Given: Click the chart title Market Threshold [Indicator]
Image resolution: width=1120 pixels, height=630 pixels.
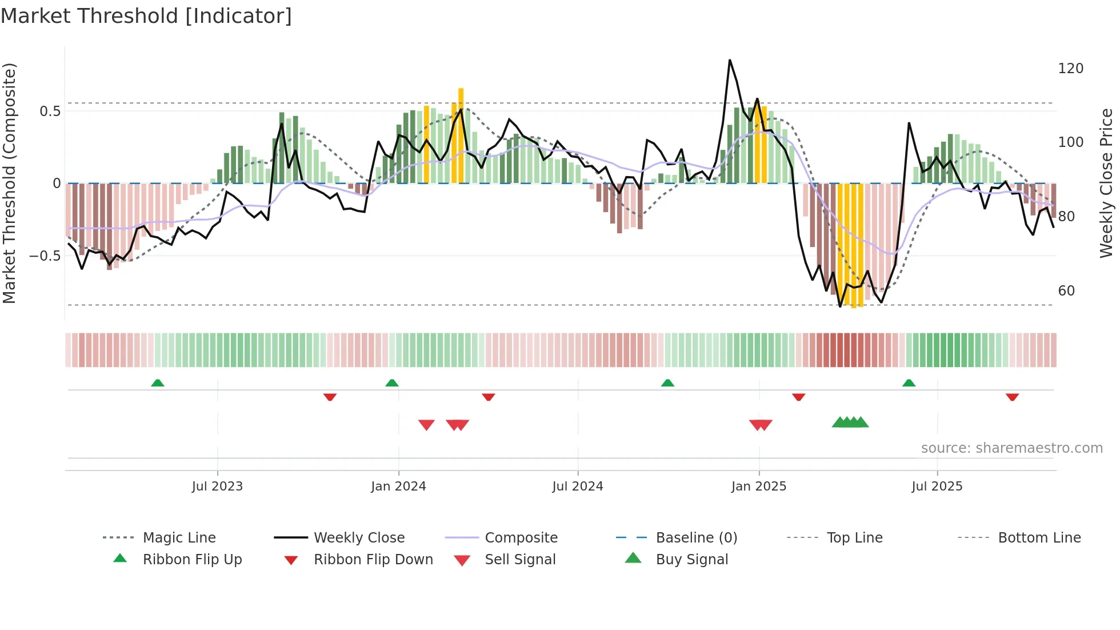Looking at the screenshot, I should [x=146, y=16].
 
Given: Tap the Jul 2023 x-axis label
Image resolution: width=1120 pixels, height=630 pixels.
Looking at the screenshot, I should [x=217, y=487].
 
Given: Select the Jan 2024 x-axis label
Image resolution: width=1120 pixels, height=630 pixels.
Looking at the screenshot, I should [x=398, y=487].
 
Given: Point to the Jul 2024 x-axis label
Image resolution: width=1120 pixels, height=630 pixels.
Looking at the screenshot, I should [x=577, y=487].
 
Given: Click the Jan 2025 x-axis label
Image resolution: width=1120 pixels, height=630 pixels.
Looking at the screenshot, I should [x=758, y=487].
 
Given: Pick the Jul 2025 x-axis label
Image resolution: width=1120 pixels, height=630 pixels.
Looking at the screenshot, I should [x=937, y=487].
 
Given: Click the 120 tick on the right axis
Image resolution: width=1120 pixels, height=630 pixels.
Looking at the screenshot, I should [x=1070, y=69].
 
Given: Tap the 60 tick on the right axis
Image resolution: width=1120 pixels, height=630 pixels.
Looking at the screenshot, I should [x=1066, y=291].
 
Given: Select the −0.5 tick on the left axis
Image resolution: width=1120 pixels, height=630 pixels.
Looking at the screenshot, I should [x=45, y=256].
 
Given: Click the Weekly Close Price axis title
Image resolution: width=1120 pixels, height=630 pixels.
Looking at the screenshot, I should [x=1106, y=183].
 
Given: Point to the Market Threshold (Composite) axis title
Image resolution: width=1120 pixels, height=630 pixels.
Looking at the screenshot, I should [x=9, y=183].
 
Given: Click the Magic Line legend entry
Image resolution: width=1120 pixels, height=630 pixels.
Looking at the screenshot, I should [x=179, y=538].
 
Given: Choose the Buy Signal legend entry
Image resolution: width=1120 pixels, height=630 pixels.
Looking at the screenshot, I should [x=691, y=560].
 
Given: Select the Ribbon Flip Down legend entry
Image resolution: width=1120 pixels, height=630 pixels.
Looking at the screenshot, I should [x=373, y=560].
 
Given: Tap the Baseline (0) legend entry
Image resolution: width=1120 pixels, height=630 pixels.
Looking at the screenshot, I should [x=696, y=538].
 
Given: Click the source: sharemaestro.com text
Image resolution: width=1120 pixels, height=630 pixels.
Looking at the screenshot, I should [x=1011, y=448].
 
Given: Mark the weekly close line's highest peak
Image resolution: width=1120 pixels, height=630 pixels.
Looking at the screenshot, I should [x=730, y=60].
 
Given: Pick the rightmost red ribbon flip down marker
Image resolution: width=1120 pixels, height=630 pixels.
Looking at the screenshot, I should [x=1012, y=397].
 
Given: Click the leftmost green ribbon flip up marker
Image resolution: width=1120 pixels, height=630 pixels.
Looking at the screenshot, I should [x=158, y=383].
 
